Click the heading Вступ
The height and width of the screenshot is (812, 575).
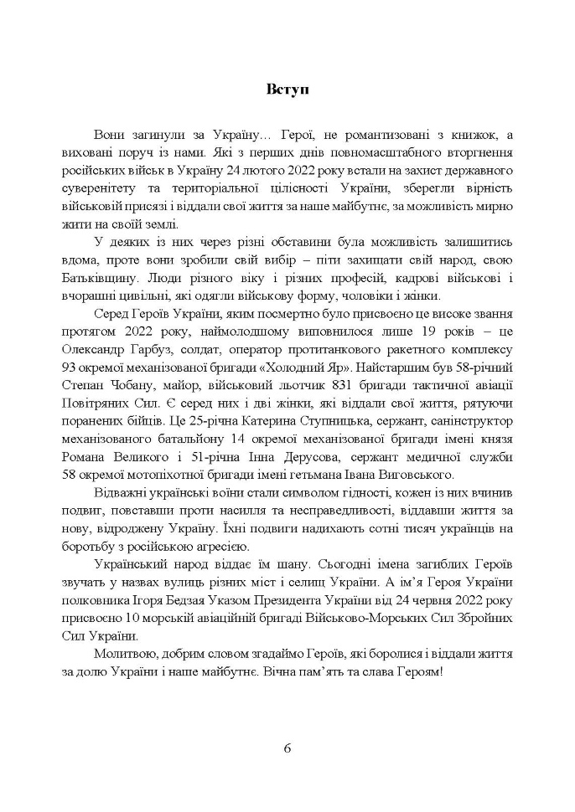[287, 90]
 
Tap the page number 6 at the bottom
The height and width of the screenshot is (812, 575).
[287, 748]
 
